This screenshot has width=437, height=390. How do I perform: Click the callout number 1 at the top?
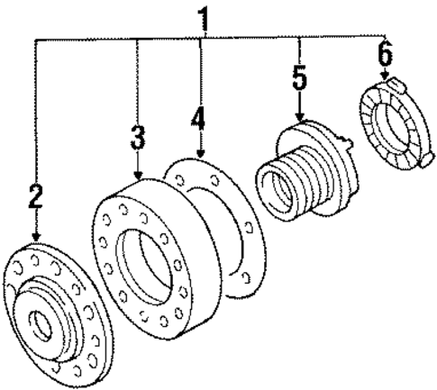pos(206,17)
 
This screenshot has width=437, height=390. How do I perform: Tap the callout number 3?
pos(137,138)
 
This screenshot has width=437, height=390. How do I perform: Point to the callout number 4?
pos(199,121)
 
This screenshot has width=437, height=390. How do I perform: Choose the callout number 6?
pos(385,56)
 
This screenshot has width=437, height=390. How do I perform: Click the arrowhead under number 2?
pos(36,236)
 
